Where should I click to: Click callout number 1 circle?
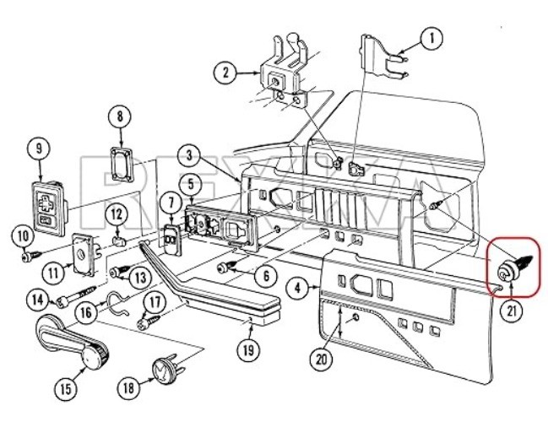431,39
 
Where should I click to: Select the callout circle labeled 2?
225,73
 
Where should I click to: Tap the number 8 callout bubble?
120,116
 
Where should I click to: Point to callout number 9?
39,148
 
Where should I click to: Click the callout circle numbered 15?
66,388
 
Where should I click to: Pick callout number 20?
322,359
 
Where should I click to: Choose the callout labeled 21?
512,311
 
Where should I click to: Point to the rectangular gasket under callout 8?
122,165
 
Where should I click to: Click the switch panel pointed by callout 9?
50,208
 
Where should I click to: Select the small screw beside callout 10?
32,256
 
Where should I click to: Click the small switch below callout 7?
172,240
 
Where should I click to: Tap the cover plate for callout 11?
84,255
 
